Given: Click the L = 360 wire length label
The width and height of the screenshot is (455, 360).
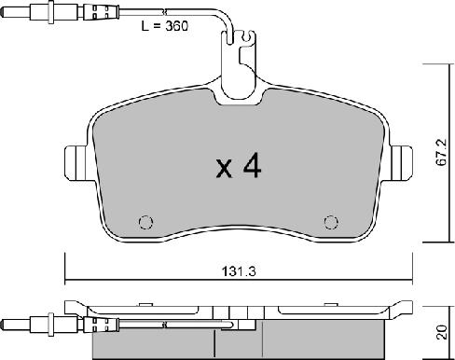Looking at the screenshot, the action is pyautogui.click(x=165, y=26).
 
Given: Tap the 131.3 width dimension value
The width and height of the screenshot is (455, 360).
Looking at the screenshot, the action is pyautogui.click(x=239, y=271).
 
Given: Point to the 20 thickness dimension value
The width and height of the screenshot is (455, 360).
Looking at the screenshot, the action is pyautogui.click(x=441, y=332).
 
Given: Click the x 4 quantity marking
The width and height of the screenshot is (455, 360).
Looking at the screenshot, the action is pyautogui.click(x=239, y=167).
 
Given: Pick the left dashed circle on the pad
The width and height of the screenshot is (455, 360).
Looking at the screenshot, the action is pyautogui.click(x=145, y=222).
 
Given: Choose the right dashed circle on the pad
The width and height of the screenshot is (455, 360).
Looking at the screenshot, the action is pyautogui.click(x=331, y=222).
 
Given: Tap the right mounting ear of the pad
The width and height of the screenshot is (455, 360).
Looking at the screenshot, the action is pyautogui.click(x=401, y=163).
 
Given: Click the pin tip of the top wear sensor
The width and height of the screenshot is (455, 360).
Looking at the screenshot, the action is pyautogui.click(x=3, y=13).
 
